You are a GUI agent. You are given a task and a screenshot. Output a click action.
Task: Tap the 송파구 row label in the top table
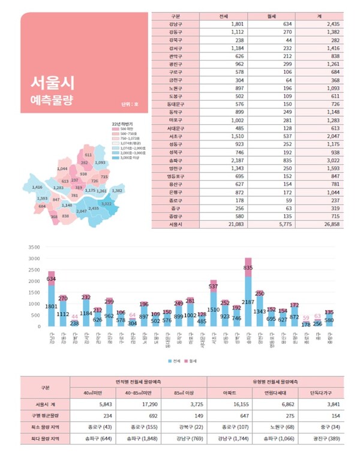click(176, 160)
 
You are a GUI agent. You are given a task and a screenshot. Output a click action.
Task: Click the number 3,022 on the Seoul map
click(106, 204)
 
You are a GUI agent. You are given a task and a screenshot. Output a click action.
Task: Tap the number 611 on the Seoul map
click(88, 155)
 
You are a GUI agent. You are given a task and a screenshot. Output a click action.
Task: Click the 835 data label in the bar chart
click(248, 267)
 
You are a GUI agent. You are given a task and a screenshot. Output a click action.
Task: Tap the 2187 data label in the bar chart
click(248, 302)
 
